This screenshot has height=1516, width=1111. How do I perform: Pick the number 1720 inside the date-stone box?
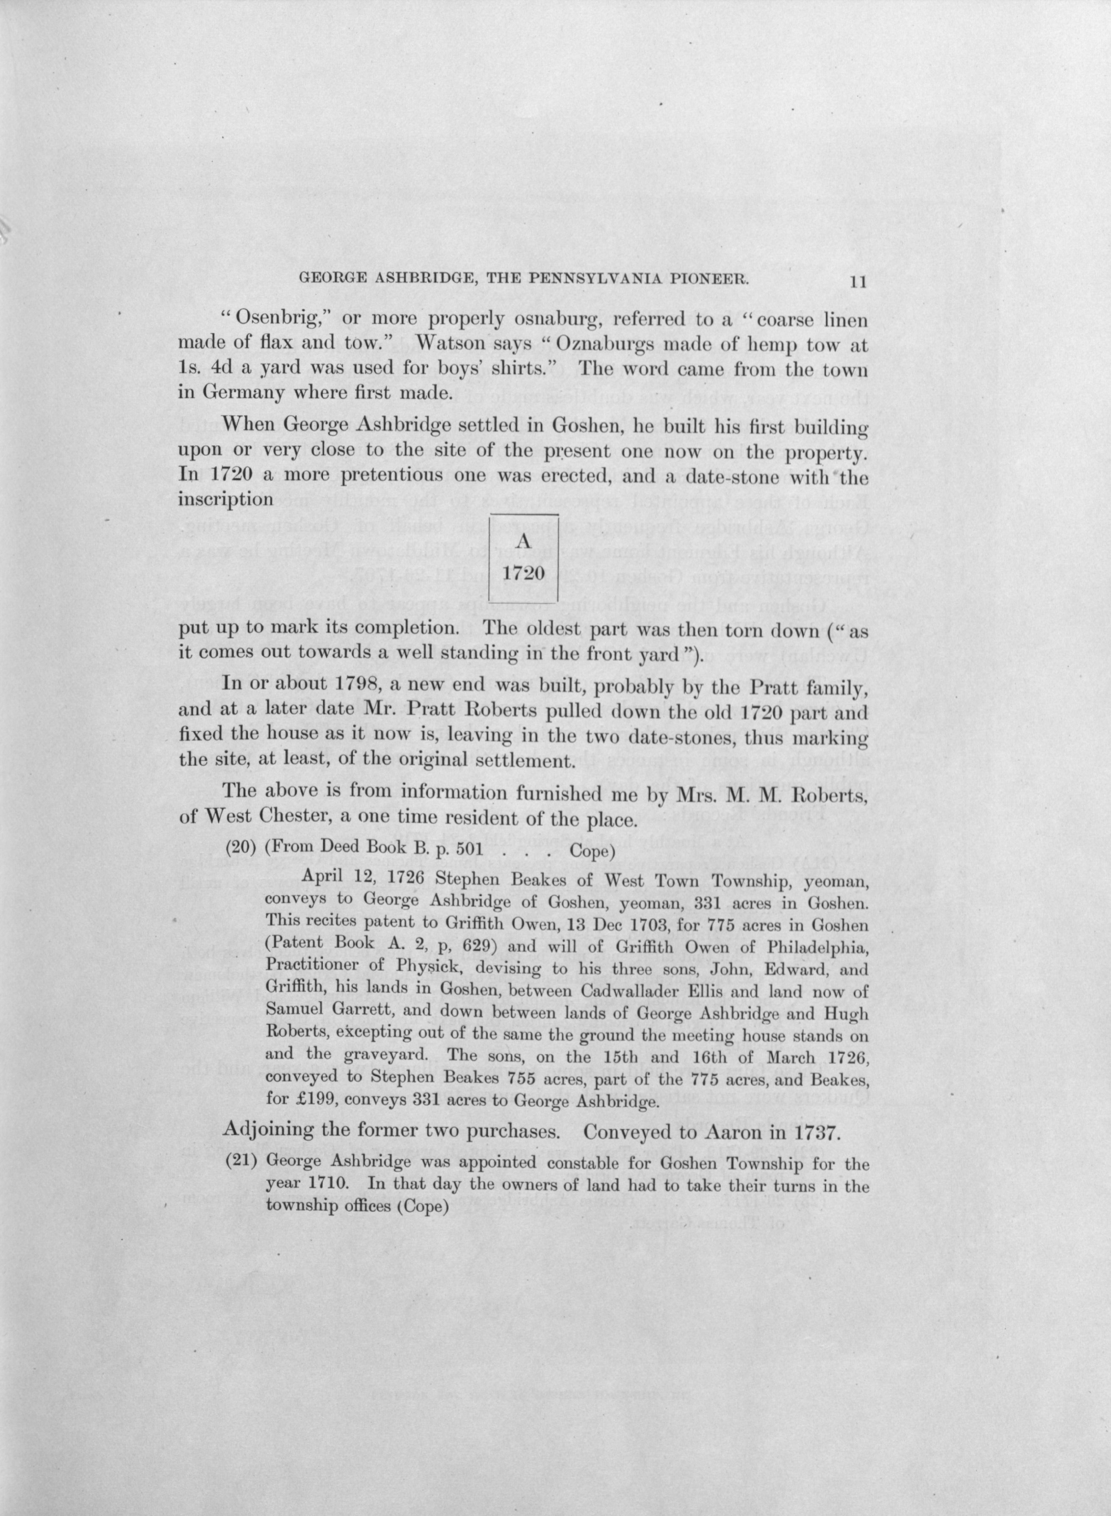point(523,574)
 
